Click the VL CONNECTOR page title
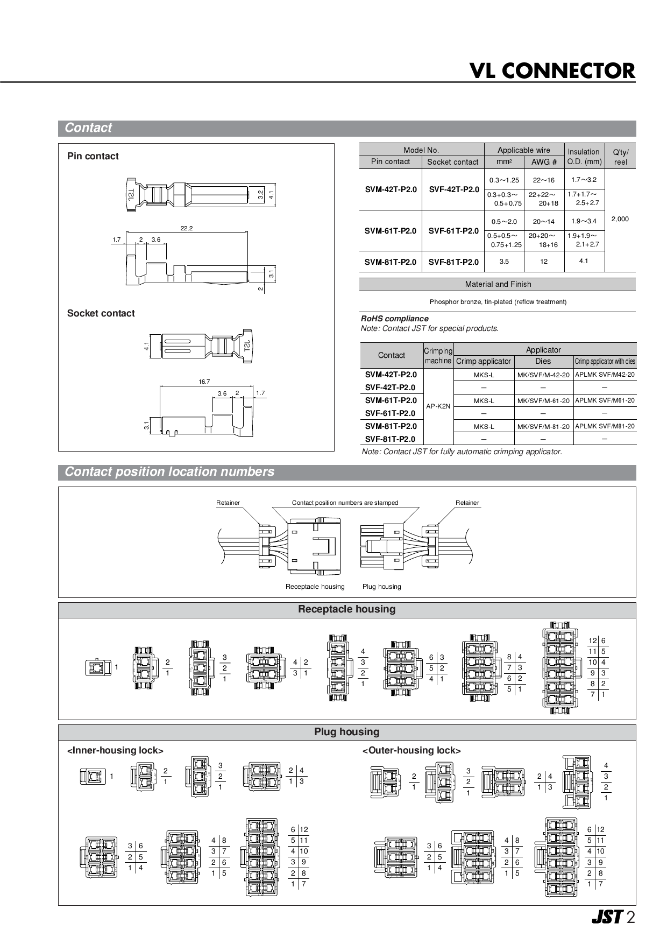click(552, 71)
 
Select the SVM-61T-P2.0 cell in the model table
click(391, 231)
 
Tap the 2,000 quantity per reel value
click(620, 219)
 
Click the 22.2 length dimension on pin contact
click(187, 228)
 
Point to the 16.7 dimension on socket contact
click(204, 382)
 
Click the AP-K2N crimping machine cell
click(438, 406)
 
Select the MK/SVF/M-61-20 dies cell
click(543, 401)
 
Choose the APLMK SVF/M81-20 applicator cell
click(605, 426)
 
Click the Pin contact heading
click(93, 156)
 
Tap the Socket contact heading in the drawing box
click(101, 313)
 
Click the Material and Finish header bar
click(498, 284)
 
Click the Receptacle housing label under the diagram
click(315, 587)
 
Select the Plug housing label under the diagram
click(381, 587)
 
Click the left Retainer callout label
click(228, 503)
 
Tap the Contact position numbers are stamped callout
click(345, 503)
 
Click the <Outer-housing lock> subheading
click(411, 750)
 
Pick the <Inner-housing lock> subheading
click(115, 750)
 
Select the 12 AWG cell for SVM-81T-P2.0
click(544, 262)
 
